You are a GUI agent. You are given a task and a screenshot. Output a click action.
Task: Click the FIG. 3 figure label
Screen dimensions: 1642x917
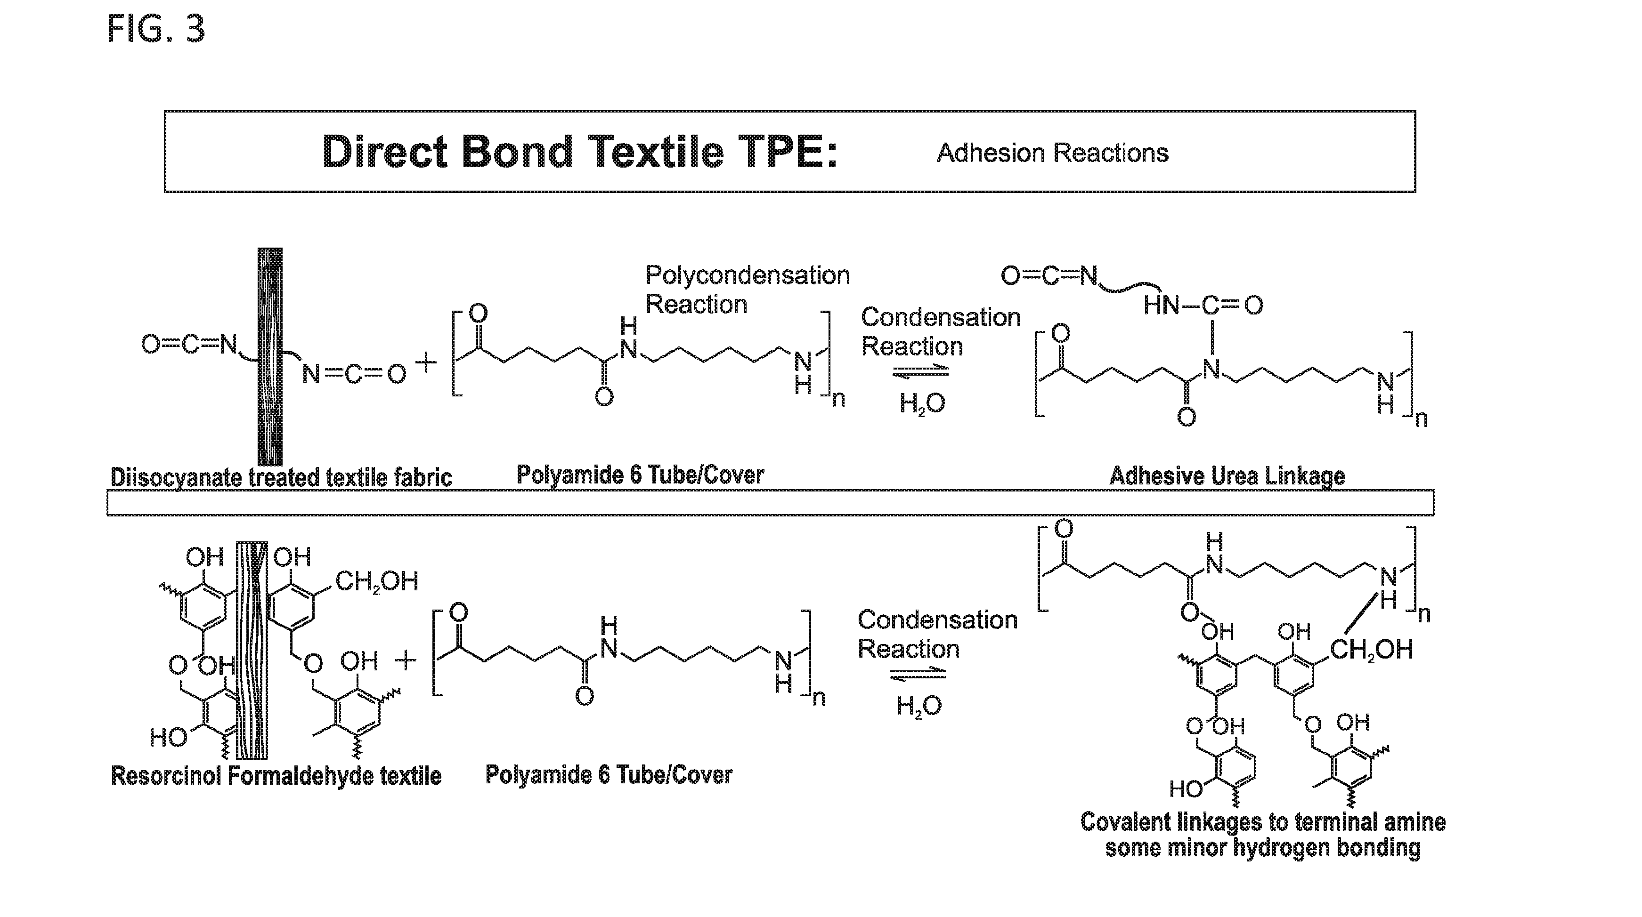coord(156,29)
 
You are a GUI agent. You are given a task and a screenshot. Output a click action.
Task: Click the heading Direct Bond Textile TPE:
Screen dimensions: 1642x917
coord(580,152)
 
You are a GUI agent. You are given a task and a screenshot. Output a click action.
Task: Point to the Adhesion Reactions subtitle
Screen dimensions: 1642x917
coord(1052,153)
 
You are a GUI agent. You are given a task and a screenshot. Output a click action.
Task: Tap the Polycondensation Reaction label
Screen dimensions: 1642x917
coord(748,290)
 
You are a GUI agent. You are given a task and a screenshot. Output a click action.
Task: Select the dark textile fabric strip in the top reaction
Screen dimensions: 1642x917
coord(269,357)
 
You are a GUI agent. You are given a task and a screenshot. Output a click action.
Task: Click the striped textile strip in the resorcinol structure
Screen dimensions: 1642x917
coord(252,651)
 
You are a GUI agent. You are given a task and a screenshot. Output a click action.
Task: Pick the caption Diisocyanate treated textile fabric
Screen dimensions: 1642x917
coord(281,477)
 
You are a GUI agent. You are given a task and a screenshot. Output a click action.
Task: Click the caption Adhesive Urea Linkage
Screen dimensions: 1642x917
coord(1227,476)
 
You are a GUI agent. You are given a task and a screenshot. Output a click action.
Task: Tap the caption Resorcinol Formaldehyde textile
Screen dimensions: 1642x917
coord(276,775)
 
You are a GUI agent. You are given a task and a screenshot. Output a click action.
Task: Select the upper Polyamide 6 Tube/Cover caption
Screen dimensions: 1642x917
coord(640,475)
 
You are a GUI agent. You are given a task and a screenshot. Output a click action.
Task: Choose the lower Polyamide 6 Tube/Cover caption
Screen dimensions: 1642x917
coord(609,774)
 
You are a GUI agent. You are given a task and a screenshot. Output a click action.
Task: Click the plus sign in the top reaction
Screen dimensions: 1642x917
coord(426,363)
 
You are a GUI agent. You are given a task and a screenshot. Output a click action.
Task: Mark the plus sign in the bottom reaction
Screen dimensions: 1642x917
coord(406,661)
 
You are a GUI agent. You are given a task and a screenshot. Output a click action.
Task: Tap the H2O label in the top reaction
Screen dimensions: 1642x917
coord(922,403)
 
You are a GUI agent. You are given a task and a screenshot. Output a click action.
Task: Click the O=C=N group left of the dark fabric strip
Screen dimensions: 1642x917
coord(189,344)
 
